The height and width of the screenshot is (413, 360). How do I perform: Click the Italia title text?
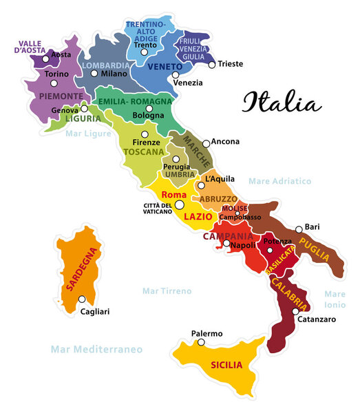(281, 103)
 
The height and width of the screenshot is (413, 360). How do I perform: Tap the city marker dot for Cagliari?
(82, 299)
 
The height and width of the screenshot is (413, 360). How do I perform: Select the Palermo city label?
(207, 334)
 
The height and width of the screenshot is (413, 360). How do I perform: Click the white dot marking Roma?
(179, 204)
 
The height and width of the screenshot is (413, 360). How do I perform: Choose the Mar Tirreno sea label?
(167, 291)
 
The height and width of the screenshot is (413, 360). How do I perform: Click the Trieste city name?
(231, 64)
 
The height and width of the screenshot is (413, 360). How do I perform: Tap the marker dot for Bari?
(299, 229)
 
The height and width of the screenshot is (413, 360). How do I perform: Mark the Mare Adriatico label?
(280, 181)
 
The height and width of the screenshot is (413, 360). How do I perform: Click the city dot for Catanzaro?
(295, 311)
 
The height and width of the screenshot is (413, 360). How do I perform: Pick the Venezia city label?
(188, 83)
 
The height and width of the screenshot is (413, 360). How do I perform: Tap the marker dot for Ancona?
(206, 144)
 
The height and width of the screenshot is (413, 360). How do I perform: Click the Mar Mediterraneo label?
(96, 350)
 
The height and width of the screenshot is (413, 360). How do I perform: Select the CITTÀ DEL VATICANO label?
(158, 209)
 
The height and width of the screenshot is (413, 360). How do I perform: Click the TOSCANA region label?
(143, 151)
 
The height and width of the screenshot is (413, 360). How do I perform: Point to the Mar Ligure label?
(88, 134)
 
